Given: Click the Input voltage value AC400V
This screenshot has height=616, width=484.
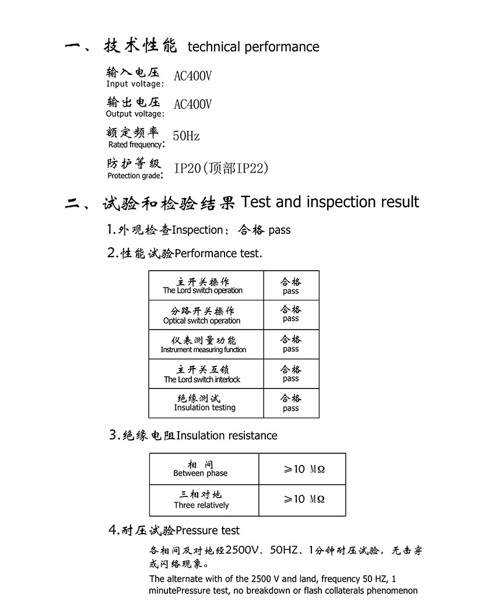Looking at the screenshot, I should coord(193,76).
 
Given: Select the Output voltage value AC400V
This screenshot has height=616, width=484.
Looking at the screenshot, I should coord(193,104).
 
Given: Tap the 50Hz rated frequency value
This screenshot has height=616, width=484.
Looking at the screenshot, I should coord(186,136).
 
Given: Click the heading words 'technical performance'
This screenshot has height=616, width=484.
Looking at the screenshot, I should coord(253,47).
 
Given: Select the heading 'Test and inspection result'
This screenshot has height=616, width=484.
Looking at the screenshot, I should coord(329,202).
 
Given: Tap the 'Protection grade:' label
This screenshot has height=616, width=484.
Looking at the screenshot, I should coord(135,175).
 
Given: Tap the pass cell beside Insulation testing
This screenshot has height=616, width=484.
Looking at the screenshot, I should coord(290,403).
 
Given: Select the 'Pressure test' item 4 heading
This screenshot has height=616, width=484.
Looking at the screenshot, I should coord(208,530).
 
